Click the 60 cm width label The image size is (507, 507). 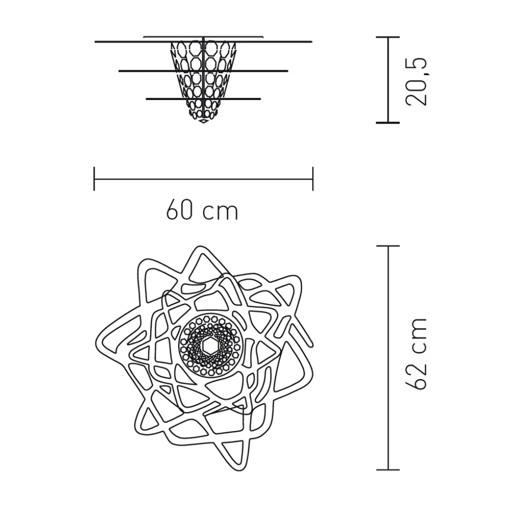point(202,212)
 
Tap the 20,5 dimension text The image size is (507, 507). point(416,81)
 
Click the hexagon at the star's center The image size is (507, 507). point(209,346)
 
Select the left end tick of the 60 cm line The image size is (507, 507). point(94,178)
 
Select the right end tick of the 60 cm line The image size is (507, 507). point(313,178)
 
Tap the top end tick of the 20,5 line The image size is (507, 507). point(388,38)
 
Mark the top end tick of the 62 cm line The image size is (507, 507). point(388,246)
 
